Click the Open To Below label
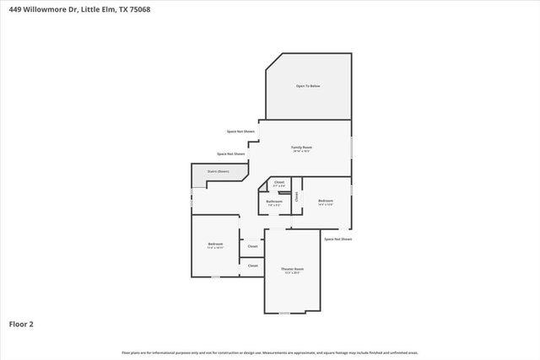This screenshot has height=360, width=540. coord(307,86)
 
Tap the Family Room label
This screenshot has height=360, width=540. coord(302,148)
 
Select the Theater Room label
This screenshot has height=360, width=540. coord(293,269)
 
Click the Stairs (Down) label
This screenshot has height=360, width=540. coord(218,171)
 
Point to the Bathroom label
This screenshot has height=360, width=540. coord(274,201)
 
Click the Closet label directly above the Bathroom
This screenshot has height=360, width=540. coord(279,181)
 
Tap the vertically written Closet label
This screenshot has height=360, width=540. coord(296,196)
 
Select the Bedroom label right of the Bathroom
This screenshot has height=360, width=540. coord(326,200)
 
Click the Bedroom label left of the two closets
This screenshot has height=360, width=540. coord(215,244)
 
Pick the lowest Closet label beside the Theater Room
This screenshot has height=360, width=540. coord(252,266)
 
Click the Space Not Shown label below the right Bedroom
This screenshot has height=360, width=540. coord(337,239)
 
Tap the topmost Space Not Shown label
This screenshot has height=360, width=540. coord(240,132)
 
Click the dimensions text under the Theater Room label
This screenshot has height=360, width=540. coord(293,273)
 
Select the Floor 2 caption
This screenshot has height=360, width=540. coord(21,323)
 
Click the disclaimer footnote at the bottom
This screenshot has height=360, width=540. coord(269,352)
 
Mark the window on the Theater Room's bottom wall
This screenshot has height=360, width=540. coord(284,313)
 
